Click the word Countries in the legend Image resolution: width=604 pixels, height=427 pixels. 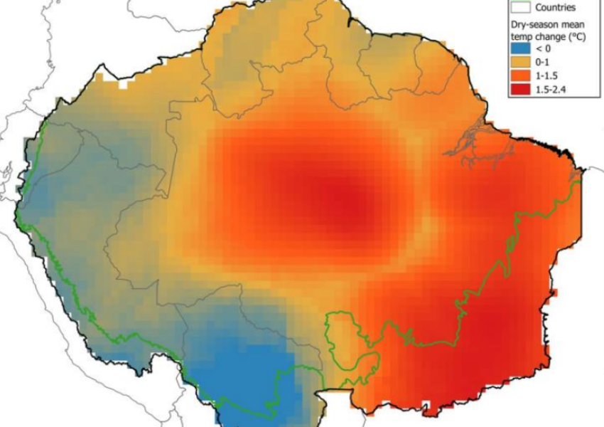pyautogui.click(x=555, y=7)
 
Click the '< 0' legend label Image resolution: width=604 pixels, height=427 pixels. pyautogui.click(x=544, y=49)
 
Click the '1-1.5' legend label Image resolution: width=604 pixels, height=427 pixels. pyautogui.click(x=546, y=76)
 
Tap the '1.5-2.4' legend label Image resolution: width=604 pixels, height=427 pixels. pyautogui.click(x=550, y=90)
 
